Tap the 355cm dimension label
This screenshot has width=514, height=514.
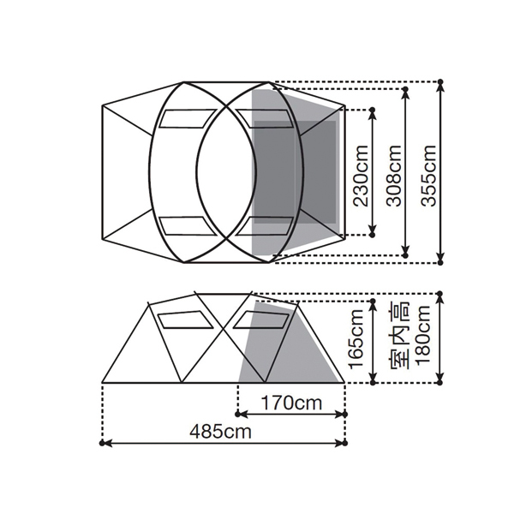(429, 175)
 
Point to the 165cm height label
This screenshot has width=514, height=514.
(356, 338)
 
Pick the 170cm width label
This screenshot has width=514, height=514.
(291, 403)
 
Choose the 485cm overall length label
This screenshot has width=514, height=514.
(221, 432)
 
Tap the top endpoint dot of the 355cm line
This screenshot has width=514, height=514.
(440, 81)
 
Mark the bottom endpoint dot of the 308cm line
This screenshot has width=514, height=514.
(405, 254)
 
